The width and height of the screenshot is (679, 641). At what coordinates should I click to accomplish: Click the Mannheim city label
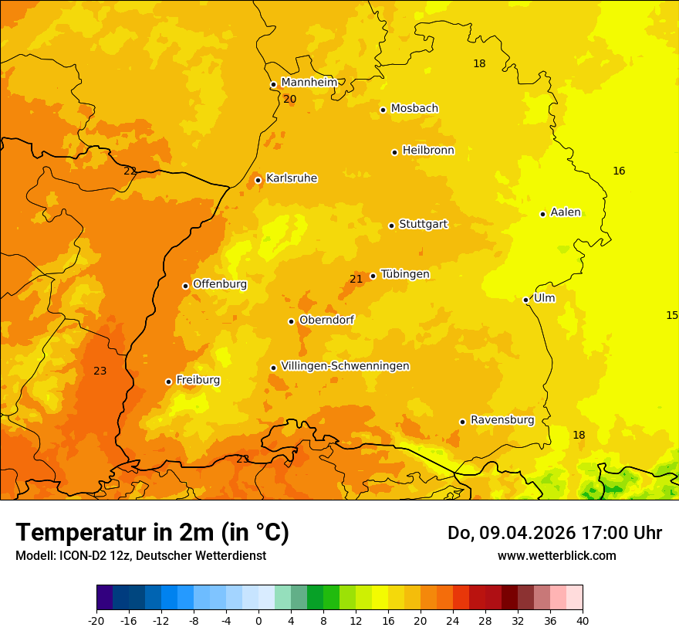point(309,83)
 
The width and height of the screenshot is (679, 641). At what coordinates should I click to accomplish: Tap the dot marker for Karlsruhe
point(258,181)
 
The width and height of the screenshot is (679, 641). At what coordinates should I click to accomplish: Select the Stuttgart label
point(423,225)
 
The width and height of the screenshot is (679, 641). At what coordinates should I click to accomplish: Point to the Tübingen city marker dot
point(373,276)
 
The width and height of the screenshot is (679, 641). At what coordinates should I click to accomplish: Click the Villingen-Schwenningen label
point(345,366)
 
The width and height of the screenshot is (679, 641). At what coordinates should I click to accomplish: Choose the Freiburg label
point(198,380)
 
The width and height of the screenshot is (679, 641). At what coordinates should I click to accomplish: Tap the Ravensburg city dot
point(463,422)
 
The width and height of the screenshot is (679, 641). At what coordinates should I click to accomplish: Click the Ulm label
point(544,298)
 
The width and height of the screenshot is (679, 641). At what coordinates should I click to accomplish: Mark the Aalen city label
point(566,212)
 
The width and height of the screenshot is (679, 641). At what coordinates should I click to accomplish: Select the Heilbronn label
point(428,151)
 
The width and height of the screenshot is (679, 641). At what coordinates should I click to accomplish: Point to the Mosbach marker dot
point(383,110)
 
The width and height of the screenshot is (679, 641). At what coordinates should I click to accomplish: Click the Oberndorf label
point(326,320)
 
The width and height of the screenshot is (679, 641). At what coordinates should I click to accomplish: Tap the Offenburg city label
point(220,284)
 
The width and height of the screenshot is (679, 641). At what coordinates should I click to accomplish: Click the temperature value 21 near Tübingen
point(356,279)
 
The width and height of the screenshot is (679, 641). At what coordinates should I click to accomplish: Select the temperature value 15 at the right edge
point(672,315)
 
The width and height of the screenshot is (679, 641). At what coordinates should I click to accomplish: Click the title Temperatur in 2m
point(152,533)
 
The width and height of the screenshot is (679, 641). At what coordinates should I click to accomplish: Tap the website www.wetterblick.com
point(556,555)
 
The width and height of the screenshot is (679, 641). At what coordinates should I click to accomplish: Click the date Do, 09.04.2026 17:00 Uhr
point(554,533)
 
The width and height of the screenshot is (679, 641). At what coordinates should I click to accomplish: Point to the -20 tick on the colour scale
point(96,620)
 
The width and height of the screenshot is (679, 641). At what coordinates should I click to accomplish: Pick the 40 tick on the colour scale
point(583,620)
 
